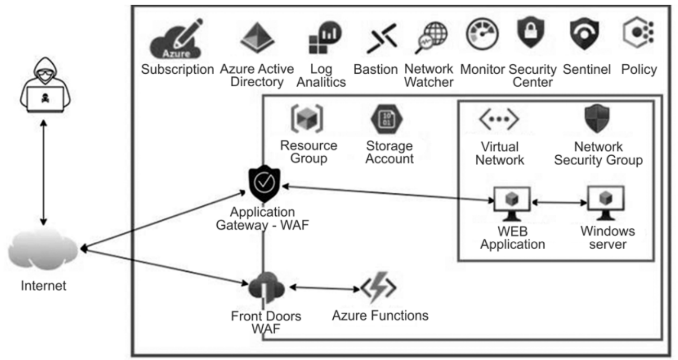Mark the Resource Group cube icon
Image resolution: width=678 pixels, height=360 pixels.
(x=307, y=119)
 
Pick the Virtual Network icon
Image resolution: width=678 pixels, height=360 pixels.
(x=498, y=120)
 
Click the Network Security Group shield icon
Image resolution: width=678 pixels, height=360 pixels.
(x=597, y=119)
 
